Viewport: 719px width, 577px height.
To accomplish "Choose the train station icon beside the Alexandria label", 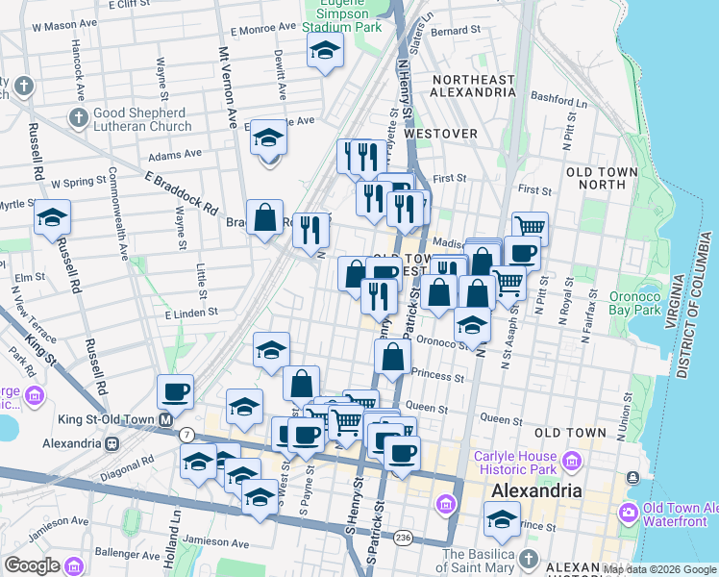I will pos(112,443).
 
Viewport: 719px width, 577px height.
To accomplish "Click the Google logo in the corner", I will pos(33,565).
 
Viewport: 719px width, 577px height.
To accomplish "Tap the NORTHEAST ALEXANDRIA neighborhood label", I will pos(474,86).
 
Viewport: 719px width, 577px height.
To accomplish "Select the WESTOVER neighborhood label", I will pos(442,134).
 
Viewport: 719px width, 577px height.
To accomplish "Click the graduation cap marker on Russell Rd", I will pos(52,217).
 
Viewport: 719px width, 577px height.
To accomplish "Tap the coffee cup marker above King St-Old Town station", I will pos(175,392).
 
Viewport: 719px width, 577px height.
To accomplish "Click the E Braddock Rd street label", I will pos(182,192).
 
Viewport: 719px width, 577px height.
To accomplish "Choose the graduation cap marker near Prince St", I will pos(501,520).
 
